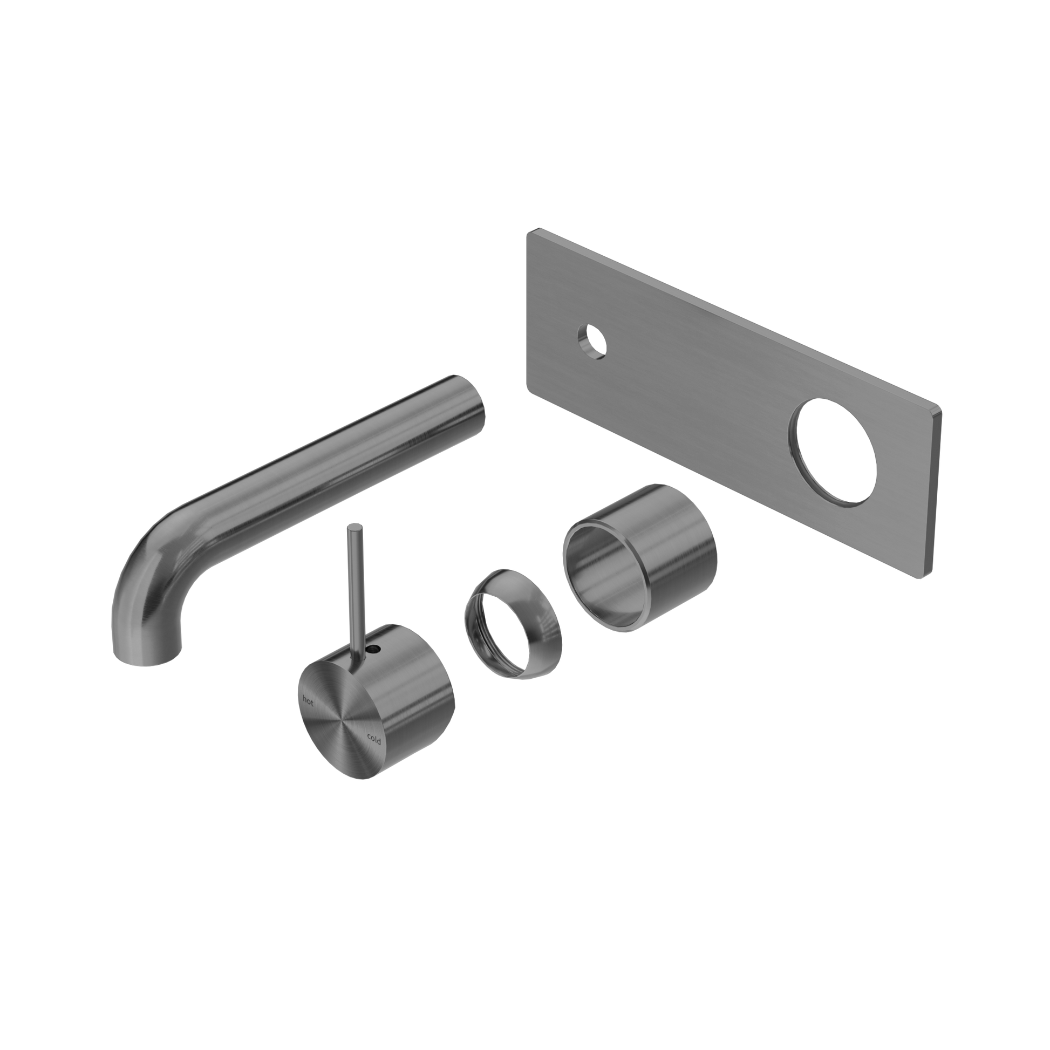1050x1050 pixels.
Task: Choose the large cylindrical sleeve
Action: pos(640,557)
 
